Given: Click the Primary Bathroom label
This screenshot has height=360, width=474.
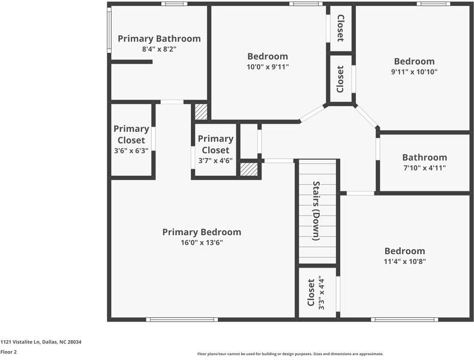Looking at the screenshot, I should (x=159, y=39).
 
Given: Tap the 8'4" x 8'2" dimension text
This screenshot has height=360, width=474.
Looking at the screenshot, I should (x=159, y=50).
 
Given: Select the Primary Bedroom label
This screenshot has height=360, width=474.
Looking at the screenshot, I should (x=202, y=232).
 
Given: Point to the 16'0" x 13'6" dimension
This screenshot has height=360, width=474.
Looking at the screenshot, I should (x=202, y=243).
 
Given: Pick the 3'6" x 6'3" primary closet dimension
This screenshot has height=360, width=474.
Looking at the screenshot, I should (x=131, y=151).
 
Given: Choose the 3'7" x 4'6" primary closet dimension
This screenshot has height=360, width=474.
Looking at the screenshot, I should (x=215, y=161).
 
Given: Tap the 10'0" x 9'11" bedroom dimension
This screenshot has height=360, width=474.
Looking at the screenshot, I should (x=268, y=67).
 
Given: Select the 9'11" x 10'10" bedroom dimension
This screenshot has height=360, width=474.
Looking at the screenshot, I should (x=414, y=72).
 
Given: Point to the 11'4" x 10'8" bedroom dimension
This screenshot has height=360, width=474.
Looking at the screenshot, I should (x=404, y=262).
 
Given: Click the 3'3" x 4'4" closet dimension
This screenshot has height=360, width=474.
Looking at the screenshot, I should (x=321, y=292).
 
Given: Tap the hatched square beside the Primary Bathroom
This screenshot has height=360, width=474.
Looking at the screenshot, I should (x=201, y=112).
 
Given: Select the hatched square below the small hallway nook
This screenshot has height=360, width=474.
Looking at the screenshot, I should (x=248, y=169).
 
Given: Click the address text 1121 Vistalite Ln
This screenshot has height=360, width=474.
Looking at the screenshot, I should (x=41, y=342).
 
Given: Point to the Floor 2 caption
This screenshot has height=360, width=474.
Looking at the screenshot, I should (x=8, y=352).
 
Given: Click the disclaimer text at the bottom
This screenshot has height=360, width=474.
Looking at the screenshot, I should (x=290, y=354).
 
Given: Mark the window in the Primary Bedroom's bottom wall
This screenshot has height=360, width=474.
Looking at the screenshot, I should (x=173, y=319).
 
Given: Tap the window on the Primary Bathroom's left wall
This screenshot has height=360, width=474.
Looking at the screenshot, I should (x=109, y=29).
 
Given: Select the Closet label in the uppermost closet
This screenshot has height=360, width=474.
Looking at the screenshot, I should (x=340, y=28).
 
